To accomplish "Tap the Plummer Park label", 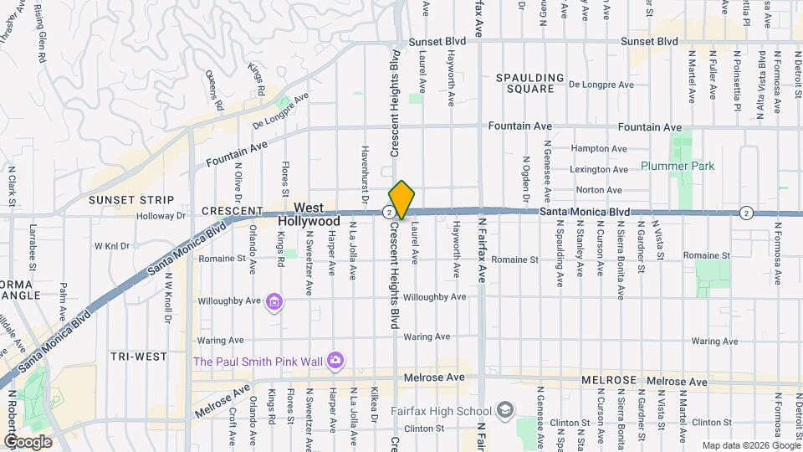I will [x=678, y=166].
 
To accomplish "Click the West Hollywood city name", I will [x=309, y=214].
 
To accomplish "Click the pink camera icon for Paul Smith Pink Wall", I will [x=335, y=361].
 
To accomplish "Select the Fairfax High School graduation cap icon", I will [x=505, y=410].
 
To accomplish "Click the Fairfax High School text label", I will [x=441, y=411].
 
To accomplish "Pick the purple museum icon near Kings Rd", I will [x=274, y=301].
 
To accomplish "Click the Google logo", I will [x=28, y=442].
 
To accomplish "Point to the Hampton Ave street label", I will [x=598, y=148].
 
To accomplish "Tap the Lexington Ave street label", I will [x=598, y=169].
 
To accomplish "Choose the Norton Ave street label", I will [x=599, y=190].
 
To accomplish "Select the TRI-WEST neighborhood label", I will [x=139, y=357].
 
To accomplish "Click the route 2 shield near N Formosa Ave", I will [x=746, y=213].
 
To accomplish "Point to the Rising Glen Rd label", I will [x=38, y=35].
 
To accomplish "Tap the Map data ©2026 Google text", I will [x=749, y=445].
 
